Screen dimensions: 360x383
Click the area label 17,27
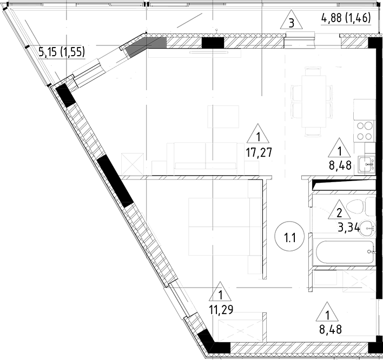259,152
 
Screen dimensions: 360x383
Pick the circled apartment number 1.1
288,236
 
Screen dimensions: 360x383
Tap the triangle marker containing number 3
292,22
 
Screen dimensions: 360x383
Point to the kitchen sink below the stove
368,163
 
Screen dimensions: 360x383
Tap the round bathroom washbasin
368,229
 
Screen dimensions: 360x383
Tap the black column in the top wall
212,43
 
